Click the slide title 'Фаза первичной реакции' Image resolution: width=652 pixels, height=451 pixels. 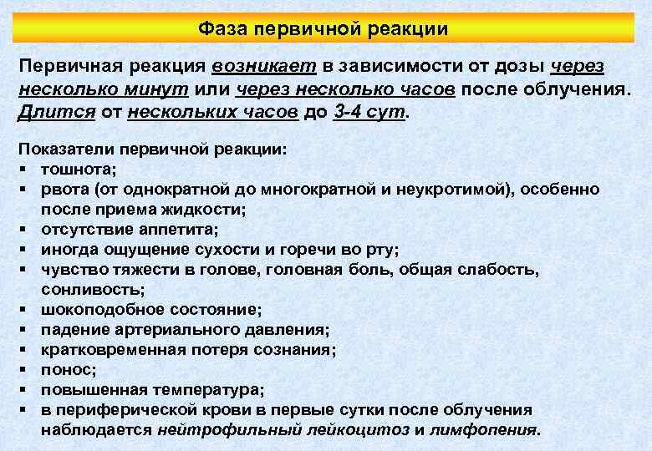pos(323,29)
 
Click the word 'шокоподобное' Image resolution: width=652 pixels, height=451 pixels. pos(96,308)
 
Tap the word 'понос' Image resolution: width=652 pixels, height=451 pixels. pos(65,368)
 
